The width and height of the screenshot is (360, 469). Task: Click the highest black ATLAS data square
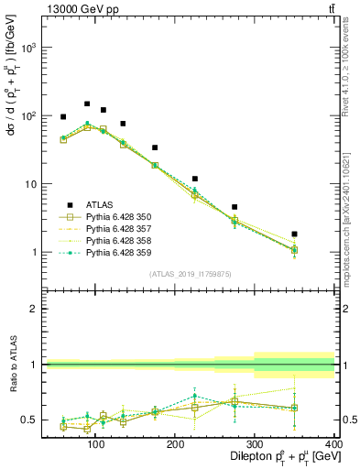tap(87, 104)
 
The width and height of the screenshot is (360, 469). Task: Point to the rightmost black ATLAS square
tap(320, 234)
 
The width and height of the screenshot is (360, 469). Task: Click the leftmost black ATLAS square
tap(63, 117)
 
